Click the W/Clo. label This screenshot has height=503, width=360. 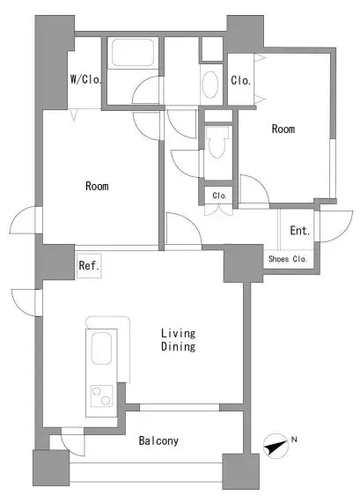pos(86,79)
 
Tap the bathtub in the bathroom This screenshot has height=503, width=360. pos(133,53)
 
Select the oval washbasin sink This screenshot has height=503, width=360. pos(210,85)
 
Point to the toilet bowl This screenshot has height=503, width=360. pos(217,142)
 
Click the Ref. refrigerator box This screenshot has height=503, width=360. pos(89,265)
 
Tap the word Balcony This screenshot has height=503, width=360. pos(158,440)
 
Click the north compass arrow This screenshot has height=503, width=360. pos(276,446)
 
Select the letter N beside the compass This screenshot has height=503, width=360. pos(294,440)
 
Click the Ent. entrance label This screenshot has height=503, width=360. pos(300,230)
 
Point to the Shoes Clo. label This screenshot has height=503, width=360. pos(288,259)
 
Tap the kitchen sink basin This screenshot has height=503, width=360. pos(101,348)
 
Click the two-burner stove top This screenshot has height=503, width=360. pos(101,396)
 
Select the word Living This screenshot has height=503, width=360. pos(178,334)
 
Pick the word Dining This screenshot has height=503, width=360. pos(178,346)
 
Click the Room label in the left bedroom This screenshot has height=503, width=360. pos(97,186)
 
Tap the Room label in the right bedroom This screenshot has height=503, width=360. pos(283,129)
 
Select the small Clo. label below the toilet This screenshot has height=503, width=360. pos(219,196)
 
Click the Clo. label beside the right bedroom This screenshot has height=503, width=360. pos(240,80)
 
